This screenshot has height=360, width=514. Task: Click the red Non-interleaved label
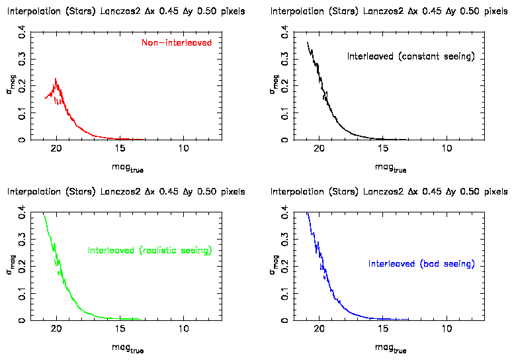(177, 43)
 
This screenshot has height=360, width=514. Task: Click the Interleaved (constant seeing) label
(411, 57)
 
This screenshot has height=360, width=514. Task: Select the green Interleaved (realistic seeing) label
(150, 251)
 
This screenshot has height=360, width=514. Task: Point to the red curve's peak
(56, 79)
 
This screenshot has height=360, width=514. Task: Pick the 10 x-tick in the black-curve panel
(447, 149)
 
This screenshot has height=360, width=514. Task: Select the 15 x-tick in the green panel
(120, 330)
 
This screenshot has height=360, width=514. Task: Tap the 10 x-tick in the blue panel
(447, 330)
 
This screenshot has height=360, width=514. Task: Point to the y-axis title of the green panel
(10, 265)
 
